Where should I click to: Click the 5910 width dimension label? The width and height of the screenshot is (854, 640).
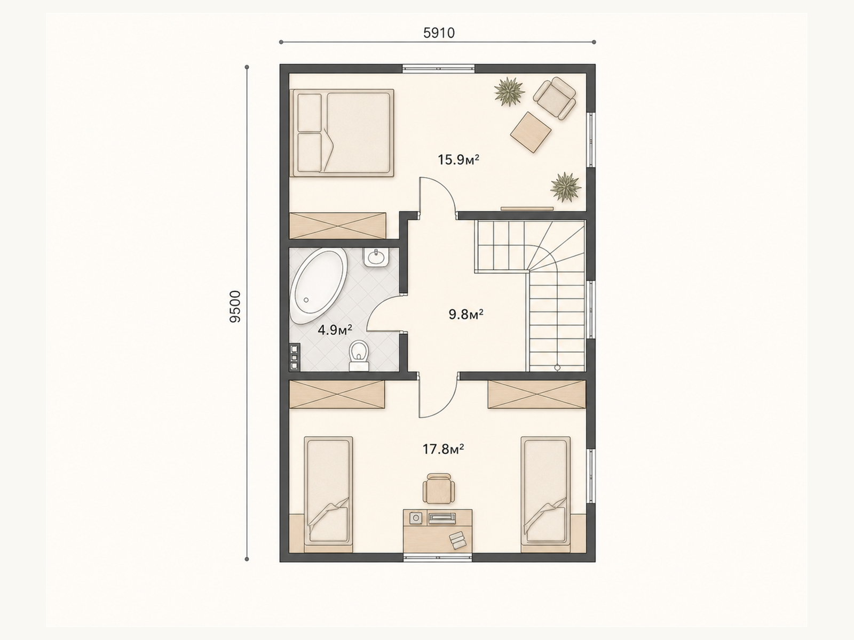point(439,34)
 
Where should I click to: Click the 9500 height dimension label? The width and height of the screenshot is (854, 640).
point(235,307)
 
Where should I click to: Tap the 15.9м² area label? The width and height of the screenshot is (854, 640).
point(458,159)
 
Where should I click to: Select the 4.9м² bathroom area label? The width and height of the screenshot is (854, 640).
point(335,330)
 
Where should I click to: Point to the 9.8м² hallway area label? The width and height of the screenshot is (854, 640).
point(466,314)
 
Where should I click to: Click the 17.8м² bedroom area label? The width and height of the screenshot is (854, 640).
point(443,449)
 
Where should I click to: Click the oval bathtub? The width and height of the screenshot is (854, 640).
point(318,287)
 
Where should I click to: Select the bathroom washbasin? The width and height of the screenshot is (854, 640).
point(376,257)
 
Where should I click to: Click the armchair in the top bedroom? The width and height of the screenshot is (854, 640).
point(555,98)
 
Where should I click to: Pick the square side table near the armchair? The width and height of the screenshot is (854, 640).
point(531,132)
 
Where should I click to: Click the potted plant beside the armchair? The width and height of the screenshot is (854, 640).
point(509,92)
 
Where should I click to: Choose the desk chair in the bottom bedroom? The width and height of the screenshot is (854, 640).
point(439,488)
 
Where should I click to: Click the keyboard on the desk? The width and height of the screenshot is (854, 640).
point(442,517)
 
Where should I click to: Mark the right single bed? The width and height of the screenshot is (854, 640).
point(546,494)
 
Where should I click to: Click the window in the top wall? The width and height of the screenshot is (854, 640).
point(439,69)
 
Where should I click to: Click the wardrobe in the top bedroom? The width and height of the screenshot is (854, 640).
point(338,226)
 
